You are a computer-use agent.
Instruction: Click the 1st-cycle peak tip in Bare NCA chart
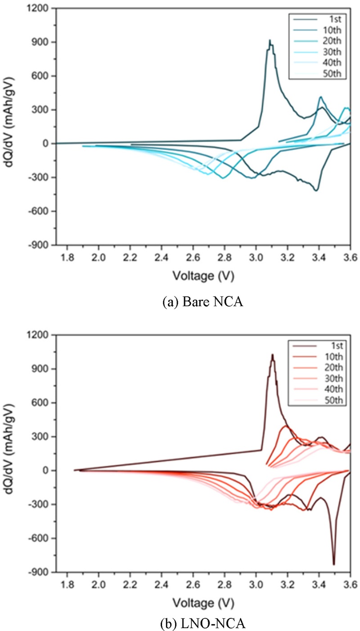[270, 40]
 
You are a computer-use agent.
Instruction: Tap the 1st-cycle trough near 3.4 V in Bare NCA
[317, 191]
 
